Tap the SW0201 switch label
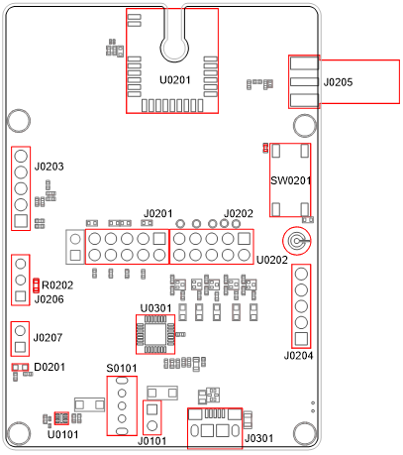[x=291, y=180]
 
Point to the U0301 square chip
[x=155, y=334]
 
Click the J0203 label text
[x=50, y=167]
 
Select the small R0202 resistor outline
[x=37, y=285]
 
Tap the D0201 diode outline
[x=19, y=368]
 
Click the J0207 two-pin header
[x=20, y=338]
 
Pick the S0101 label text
[x=121, y=369]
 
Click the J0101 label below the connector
[x=153, y=441]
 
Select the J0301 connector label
[x=258, y=437]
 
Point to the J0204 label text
[x=299, y=355]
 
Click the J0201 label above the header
[x=158, y=214]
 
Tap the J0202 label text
[x=239, y=214]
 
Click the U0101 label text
[x=62, y=434]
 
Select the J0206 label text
[x=50, y=299]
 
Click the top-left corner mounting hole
[x=19, y=121]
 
